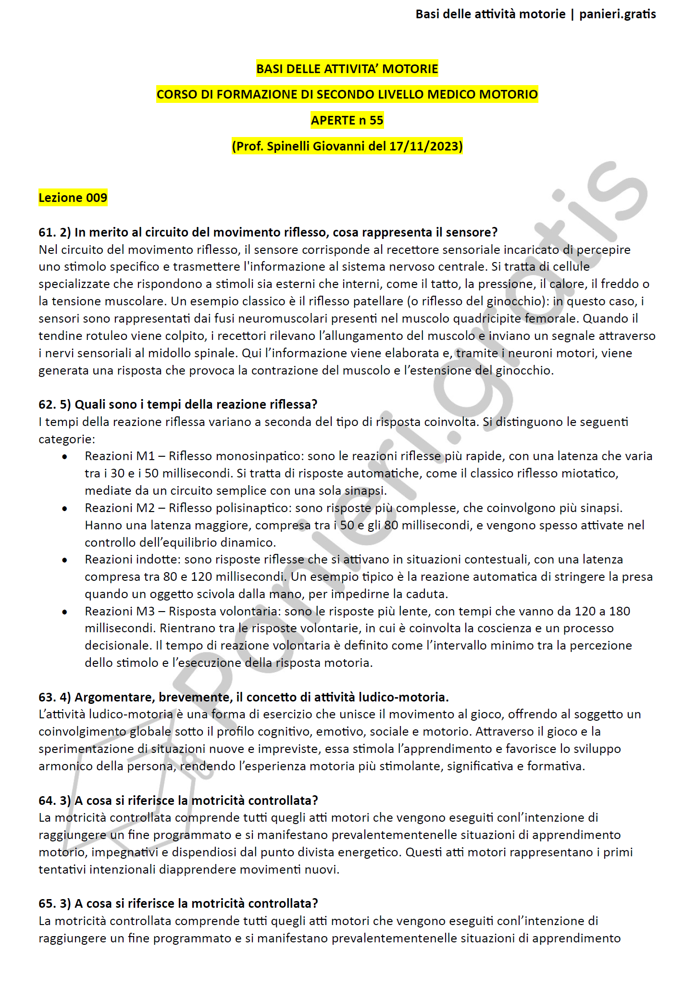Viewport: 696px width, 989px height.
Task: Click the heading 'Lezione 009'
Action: [73, 198]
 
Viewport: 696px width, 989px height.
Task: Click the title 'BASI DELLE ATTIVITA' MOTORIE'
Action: [347, 69]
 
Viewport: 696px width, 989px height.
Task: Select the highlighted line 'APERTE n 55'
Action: [347, 120]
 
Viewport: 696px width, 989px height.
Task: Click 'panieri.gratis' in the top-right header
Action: [617, 14]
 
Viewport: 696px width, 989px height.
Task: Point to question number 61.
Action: [47, 232]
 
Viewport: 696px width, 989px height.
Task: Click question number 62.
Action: [47, 404]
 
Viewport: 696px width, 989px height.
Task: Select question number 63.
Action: [47, 697]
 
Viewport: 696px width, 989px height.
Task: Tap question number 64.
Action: [47, 801]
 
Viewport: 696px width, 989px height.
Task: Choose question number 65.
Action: [47, 903]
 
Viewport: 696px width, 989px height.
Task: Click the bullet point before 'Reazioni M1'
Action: [64, 456]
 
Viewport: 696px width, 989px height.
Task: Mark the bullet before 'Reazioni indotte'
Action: [64, 560]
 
